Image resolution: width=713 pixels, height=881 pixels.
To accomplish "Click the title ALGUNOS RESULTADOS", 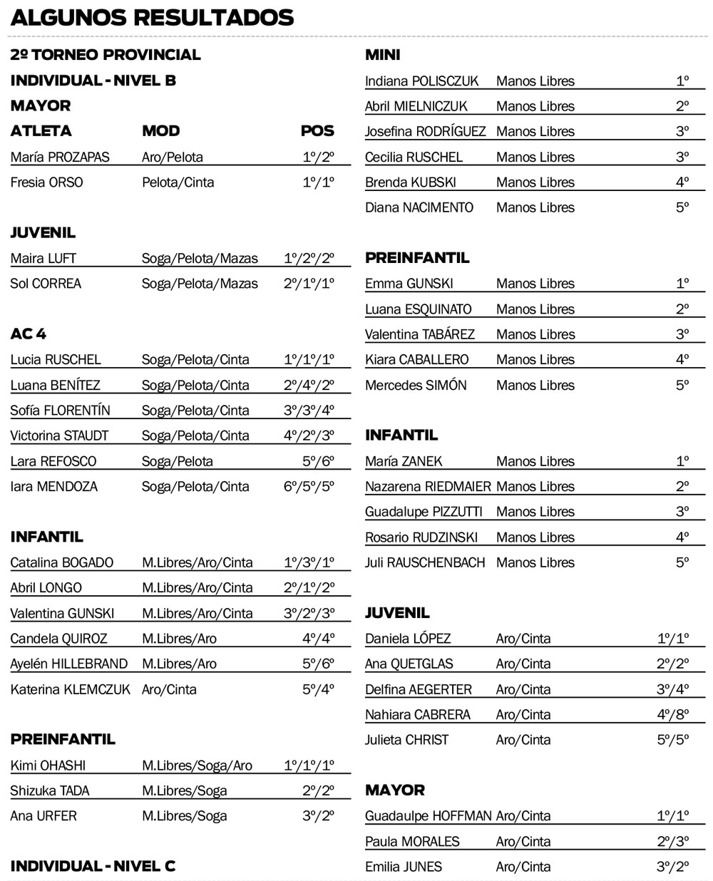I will click(x=152, y=17).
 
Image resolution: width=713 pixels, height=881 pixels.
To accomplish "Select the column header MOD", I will click(x=160, y=131).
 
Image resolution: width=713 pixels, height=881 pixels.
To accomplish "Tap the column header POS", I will click(x=317, y=131).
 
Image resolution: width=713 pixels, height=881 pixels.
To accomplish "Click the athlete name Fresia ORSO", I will click(x=47, y=182).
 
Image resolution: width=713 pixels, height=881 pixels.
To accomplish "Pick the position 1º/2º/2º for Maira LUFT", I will click(x=309, y=258).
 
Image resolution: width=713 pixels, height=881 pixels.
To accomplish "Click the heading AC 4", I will click(x=29, y=334).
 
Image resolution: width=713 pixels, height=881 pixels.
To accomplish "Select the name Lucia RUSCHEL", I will click(x=56, y=360).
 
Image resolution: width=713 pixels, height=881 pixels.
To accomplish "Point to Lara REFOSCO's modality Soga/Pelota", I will click(x=177, y=461).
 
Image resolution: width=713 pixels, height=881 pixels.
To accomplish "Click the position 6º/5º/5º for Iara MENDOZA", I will click(x=309, y=487).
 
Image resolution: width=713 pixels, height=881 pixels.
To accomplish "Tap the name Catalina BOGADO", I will click(x=61, y=563).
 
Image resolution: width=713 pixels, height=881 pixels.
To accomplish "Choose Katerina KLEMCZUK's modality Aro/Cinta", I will click(x=169, y=689).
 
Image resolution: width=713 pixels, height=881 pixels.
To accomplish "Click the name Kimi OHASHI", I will click(x=48, y=766).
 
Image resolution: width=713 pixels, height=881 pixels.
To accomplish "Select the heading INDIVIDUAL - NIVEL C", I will click(x=93, y=866).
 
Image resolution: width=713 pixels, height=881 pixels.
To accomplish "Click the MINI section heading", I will click(x=383, y=55).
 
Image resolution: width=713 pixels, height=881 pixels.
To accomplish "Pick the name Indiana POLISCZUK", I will click(x=421, y=81).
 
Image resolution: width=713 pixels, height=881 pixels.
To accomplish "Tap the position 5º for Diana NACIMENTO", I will click(x=682, y=207).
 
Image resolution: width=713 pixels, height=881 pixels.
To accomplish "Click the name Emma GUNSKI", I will click(x=409, y=284).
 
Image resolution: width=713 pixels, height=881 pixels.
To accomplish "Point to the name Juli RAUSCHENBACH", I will click(x=425, y=562).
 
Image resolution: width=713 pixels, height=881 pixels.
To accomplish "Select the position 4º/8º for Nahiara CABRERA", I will click(x=672, y=714).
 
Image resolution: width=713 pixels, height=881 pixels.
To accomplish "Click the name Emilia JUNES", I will click(x=404, y=867).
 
